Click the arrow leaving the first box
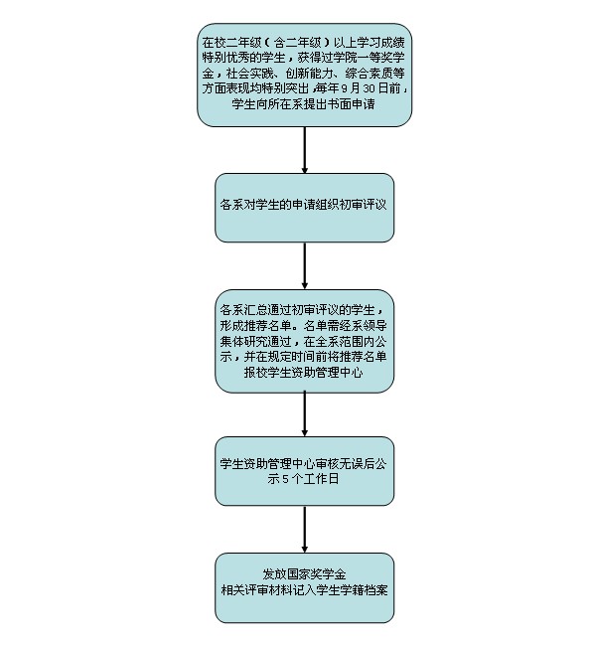(x=304, y=149)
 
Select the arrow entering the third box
(x=304, y=265)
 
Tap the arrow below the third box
(x=304, y=414)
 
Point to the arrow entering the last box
(x=304, y=530)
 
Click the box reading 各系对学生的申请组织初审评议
(x=304, y=208)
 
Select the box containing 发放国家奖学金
(x=304, y=588)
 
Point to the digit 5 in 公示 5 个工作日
(x=286, y=479)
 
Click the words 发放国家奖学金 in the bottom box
(x=304, y=574)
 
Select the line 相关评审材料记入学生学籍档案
(x=304, y=590)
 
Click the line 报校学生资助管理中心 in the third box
(x=304, y=373)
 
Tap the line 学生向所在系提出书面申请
(x=304, y=103)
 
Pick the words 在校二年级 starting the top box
(x=231, y=43)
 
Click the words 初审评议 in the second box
(x=363, y=205)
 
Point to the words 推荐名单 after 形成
(x=268, y=325)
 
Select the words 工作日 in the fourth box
(x=321, y=479)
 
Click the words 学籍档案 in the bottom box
(x=365, y=590)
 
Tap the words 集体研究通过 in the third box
(x=255, y=341)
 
